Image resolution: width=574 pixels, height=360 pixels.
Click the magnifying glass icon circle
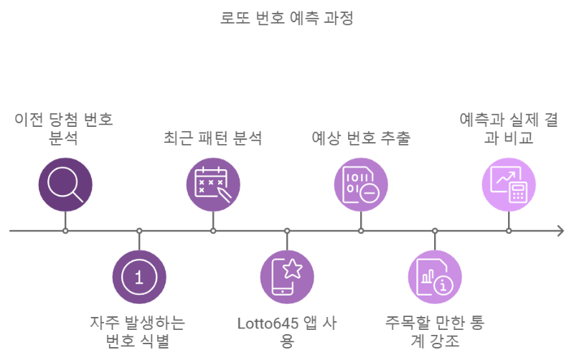click(65, 184)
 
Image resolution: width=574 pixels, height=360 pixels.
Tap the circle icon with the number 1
click(139, 277)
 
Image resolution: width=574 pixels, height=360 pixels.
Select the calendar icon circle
click(213, 184)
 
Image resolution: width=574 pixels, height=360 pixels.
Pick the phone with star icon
click(287, 277)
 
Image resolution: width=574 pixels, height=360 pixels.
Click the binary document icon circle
click(361, 184)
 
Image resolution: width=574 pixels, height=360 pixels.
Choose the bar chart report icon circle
click(435, 277)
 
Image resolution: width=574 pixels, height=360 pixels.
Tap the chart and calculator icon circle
click(509, 184)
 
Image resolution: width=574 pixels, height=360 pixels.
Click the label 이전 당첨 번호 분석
click(65, 128)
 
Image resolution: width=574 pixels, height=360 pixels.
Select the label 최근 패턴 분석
click(213, 138)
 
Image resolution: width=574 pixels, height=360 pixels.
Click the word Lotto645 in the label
click(268, 323)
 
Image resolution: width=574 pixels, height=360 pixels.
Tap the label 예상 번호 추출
click(361, 138)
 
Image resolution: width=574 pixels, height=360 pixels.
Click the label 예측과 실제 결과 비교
click(509, 128)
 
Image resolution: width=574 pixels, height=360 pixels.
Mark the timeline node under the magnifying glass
click(65, 231)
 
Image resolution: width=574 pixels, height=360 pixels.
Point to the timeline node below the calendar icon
click(213, 231)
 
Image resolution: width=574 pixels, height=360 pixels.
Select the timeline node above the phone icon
click(287, 231)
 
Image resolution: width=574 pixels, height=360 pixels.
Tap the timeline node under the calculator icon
click(509, 231)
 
